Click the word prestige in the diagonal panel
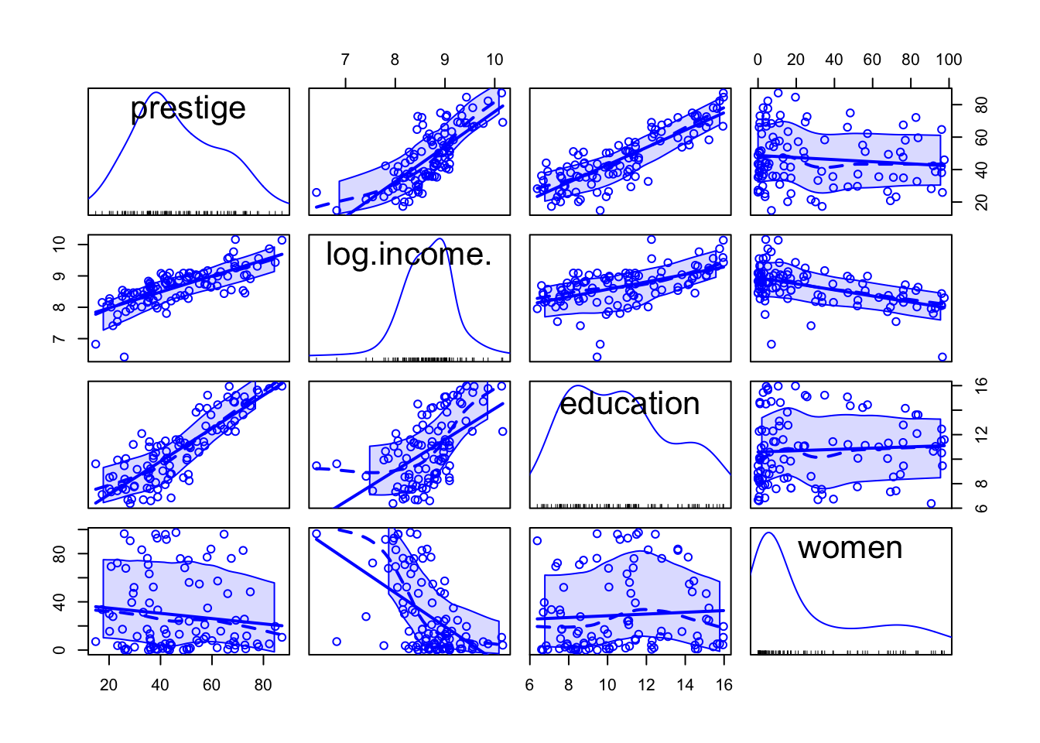pyautogui.click(x=188, y=108)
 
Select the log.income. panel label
pyautogui.click(x=409, y=255)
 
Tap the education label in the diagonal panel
pyautogui.click(x=629, y=404)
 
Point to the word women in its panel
pyautogui.click(x=850, y=548)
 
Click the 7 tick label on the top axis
pyautogui.click(x=345, y=60)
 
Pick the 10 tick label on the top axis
pyautogui.click(x=494, y=60)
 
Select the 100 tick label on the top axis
pyautogui.click(x=948, y=60)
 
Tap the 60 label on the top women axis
pyautogui.click(x=872, y=60)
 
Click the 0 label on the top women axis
pyautogui.click(x=758, y=60)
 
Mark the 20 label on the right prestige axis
pyautogui.click(x=982, y=202)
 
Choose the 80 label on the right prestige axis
pyautogui.click(x=982, y=104)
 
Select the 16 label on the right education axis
pyautogui.click(x=982, y=385)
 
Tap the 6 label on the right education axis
pyautogui.click(x=982, y=508)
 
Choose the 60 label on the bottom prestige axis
pyautogui.click(x=211, y=685)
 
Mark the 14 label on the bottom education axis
pyautogui.click(x=685, y=685)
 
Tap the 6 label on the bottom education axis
pyautogui.click(x=530, y=685)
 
